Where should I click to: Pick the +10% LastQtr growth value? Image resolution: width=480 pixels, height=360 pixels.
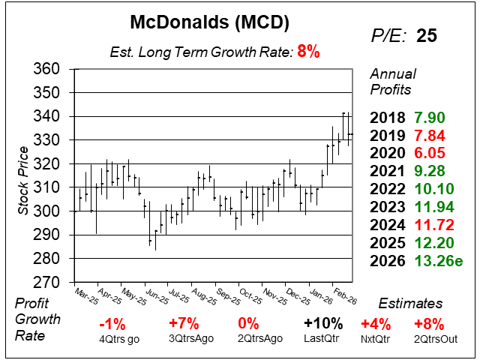point(324,324)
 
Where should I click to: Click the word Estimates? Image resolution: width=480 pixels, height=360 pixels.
point(412,304)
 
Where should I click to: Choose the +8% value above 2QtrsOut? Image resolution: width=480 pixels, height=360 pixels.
point(429,324)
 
